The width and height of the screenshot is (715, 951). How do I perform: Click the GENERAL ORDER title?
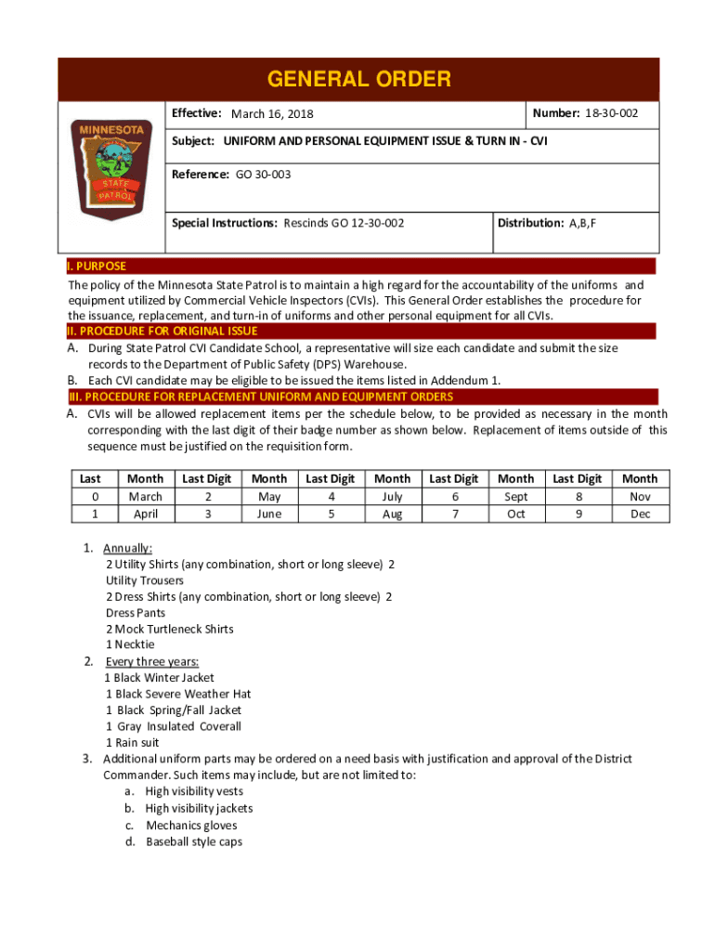pyautogui.click(x=358, y=79)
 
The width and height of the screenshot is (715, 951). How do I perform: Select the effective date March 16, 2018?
pyautogui.click(x=272, y=114)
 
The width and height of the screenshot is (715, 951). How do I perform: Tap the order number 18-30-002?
pyautogui.click(x=611, y=113)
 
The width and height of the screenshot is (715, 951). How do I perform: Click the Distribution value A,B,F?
pyautogui.click(x=583, y=223)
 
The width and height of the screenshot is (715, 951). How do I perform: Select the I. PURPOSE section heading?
pyautogui.click(x=97, y=267)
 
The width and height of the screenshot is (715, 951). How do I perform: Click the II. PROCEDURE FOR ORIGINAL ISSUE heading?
pyautogui.click(x=162, y=331)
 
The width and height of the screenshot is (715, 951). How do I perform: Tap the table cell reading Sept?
pyautogui.click(x=515, y=497)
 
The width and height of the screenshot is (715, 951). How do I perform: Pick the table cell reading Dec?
pyautogui.click(x=640, y=514)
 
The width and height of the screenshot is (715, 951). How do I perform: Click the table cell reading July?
pyautogui.click(x=392, y=497)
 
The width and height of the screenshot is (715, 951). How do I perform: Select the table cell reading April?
pyautogui.click(x=145, y=514)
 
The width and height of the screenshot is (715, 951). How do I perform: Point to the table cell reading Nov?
pyautogui.click(x=640, y=497)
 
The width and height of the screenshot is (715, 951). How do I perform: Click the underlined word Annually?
pyautogui.click(x=128, y=548)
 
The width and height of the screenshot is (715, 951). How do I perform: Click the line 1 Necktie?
pyautogui.click(x=130, y=645)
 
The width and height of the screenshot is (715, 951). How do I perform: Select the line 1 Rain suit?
pyautogui.click(x=132, y=742)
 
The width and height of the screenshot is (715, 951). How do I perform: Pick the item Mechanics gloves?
pyautogui.click(x=191, y=826)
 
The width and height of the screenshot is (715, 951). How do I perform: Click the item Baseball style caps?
pyautogui.click(x=194, y=841)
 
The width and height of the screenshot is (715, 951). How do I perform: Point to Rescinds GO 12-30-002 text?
pyautogui.click(x=344, y=223)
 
